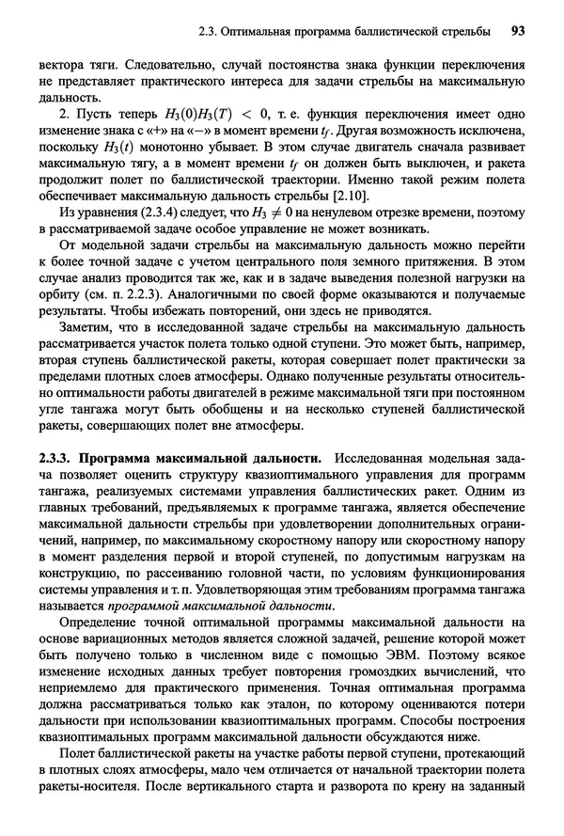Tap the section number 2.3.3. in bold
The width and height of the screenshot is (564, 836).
tap(56, 458)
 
